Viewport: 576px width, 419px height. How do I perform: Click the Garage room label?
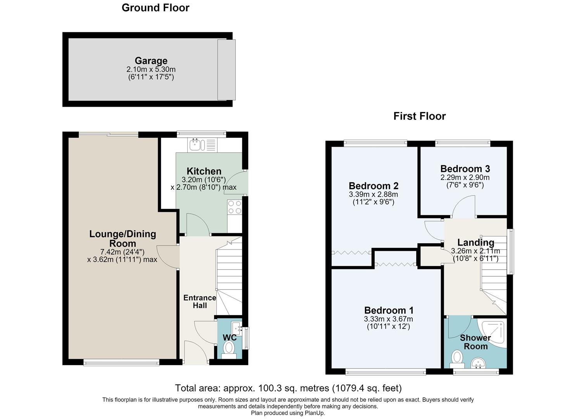tap(151, 61)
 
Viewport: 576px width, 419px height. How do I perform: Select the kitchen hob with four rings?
tap(235, 207)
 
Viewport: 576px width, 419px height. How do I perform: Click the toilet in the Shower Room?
tap(457, 359)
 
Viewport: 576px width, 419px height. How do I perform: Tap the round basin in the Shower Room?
tap(478, 363)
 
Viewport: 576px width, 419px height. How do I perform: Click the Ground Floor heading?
tap(156, 8)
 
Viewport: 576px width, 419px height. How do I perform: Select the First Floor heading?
tap(420, 116)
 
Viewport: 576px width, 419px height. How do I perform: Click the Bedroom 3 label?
tap(465, 169)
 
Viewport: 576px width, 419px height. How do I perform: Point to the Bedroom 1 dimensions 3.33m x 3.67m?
tap(388, 319)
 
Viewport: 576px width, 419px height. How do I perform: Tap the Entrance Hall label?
tap(200, 301)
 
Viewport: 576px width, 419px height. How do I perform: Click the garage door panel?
tap(226, 70)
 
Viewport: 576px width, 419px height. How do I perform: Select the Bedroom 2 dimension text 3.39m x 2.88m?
tap(374, 194)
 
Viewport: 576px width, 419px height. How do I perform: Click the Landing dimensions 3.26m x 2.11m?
tap(476, 251)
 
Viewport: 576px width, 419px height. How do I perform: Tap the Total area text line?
tap(288, 388)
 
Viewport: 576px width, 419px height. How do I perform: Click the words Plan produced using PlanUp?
tap(288, 413)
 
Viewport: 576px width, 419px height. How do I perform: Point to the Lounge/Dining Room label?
tap(123, 239)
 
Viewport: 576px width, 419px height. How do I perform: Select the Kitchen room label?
tap(204, 171)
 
